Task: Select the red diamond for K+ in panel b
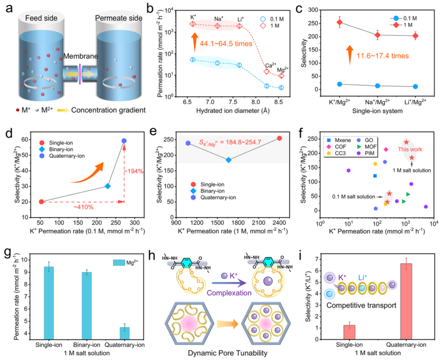193,24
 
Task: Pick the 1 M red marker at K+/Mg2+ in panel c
340,22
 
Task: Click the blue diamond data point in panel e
229,160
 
